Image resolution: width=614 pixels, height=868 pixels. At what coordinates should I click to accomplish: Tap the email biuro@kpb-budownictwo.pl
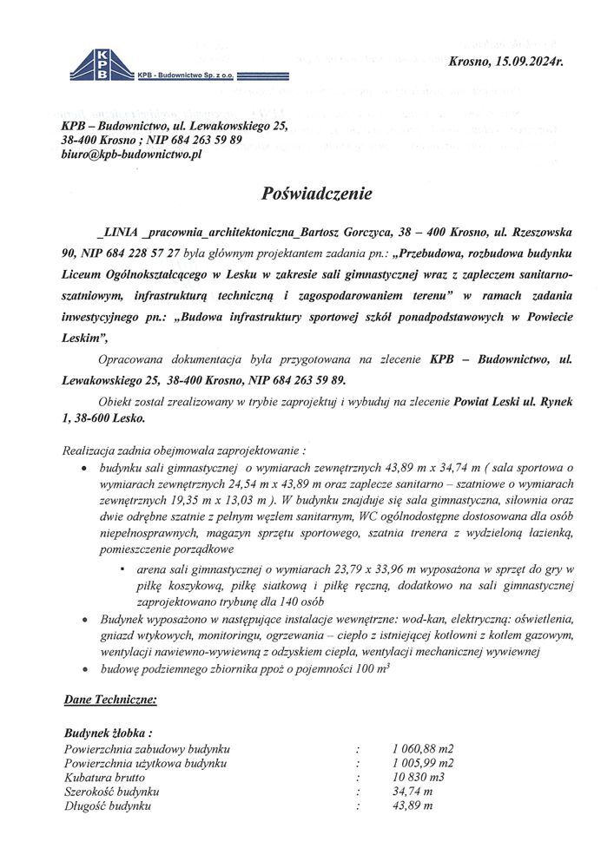coord(132,154)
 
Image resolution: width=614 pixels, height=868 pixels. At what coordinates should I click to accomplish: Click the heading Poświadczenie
coord(316,194)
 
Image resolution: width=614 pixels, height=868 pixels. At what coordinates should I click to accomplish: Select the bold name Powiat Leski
coord(488,402)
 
